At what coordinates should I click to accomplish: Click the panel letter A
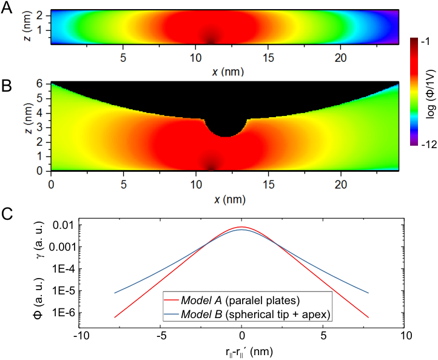click(7, 8)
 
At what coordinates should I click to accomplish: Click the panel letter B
click(7, 86)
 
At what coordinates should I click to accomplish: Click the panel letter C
click(7, 214)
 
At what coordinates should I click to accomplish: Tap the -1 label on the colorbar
click(426, 41)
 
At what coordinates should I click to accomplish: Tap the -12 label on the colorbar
click(428, 144)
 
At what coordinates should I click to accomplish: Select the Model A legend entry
click(240, 301)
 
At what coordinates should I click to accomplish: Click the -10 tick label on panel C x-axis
click(81, 335)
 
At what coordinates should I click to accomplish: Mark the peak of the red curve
click(241, 226)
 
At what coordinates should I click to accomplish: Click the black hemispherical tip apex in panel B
click(226, 137)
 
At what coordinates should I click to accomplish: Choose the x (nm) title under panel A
click(228, 72)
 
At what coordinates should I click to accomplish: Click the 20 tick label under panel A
click(340, 58)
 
